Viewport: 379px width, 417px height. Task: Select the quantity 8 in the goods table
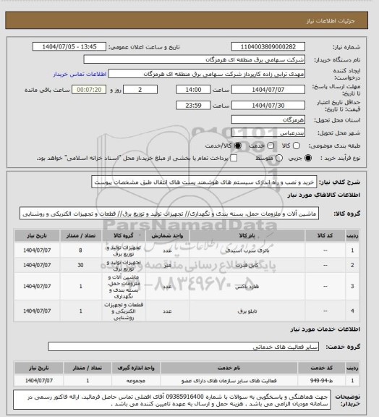click(x=89, y=250)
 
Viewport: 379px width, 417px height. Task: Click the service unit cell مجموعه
click(x=168, y=379)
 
